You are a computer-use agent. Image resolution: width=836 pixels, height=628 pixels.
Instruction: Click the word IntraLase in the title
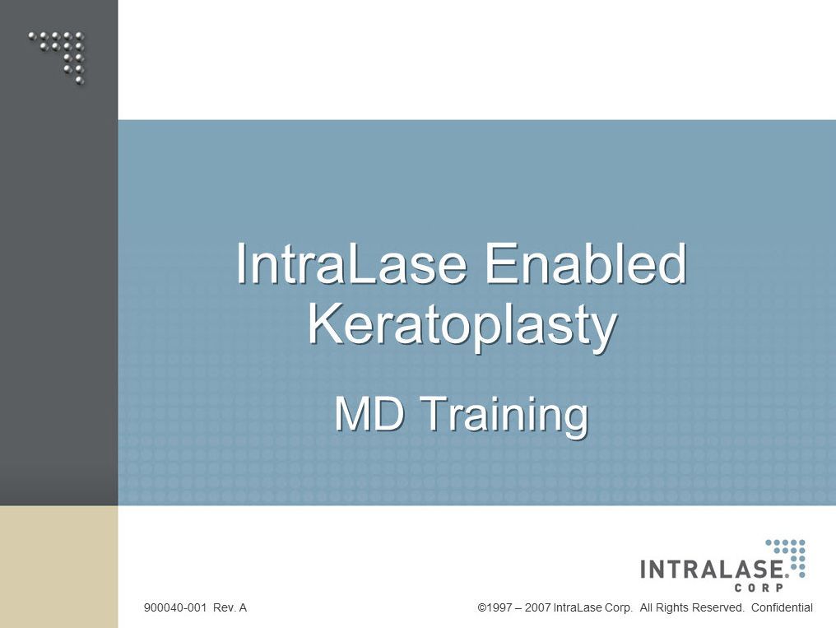click(351, 263)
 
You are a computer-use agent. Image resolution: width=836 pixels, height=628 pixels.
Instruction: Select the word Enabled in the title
click(585, 263)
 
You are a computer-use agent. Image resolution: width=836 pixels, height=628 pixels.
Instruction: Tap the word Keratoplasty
click(462, 326)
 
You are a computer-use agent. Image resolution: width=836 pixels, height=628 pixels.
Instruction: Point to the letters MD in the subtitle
click(369, 414)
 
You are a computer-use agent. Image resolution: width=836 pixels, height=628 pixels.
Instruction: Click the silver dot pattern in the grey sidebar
click(57, 57)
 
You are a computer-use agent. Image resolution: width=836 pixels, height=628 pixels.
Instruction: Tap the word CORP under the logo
click(759, 588)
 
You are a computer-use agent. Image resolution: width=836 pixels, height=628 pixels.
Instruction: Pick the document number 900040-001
click(175, 607)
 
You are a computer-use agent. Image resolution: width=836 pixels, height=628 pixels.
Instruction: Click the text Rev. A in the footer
click(230, 607)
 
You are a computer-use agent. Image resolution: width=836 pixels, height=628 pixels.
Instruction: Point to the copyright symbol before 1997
click(482, 607)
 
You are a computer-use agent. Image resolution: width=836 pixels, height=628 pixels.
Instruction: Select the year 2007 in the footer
click(537, 607)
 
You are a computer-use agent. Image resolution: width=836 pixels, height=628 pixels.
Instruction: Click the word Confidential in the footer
click(782, 607)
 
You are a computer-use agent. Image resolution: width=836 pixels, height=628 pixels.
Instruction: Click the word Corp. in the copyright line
click(619, 607)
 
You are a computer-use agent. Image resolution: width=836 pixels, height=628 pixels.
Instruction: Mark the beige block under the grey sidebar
click(58, 567)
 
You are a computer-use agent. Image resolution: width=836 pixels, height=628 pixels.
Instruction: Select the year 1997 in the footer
click(500, 607)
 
